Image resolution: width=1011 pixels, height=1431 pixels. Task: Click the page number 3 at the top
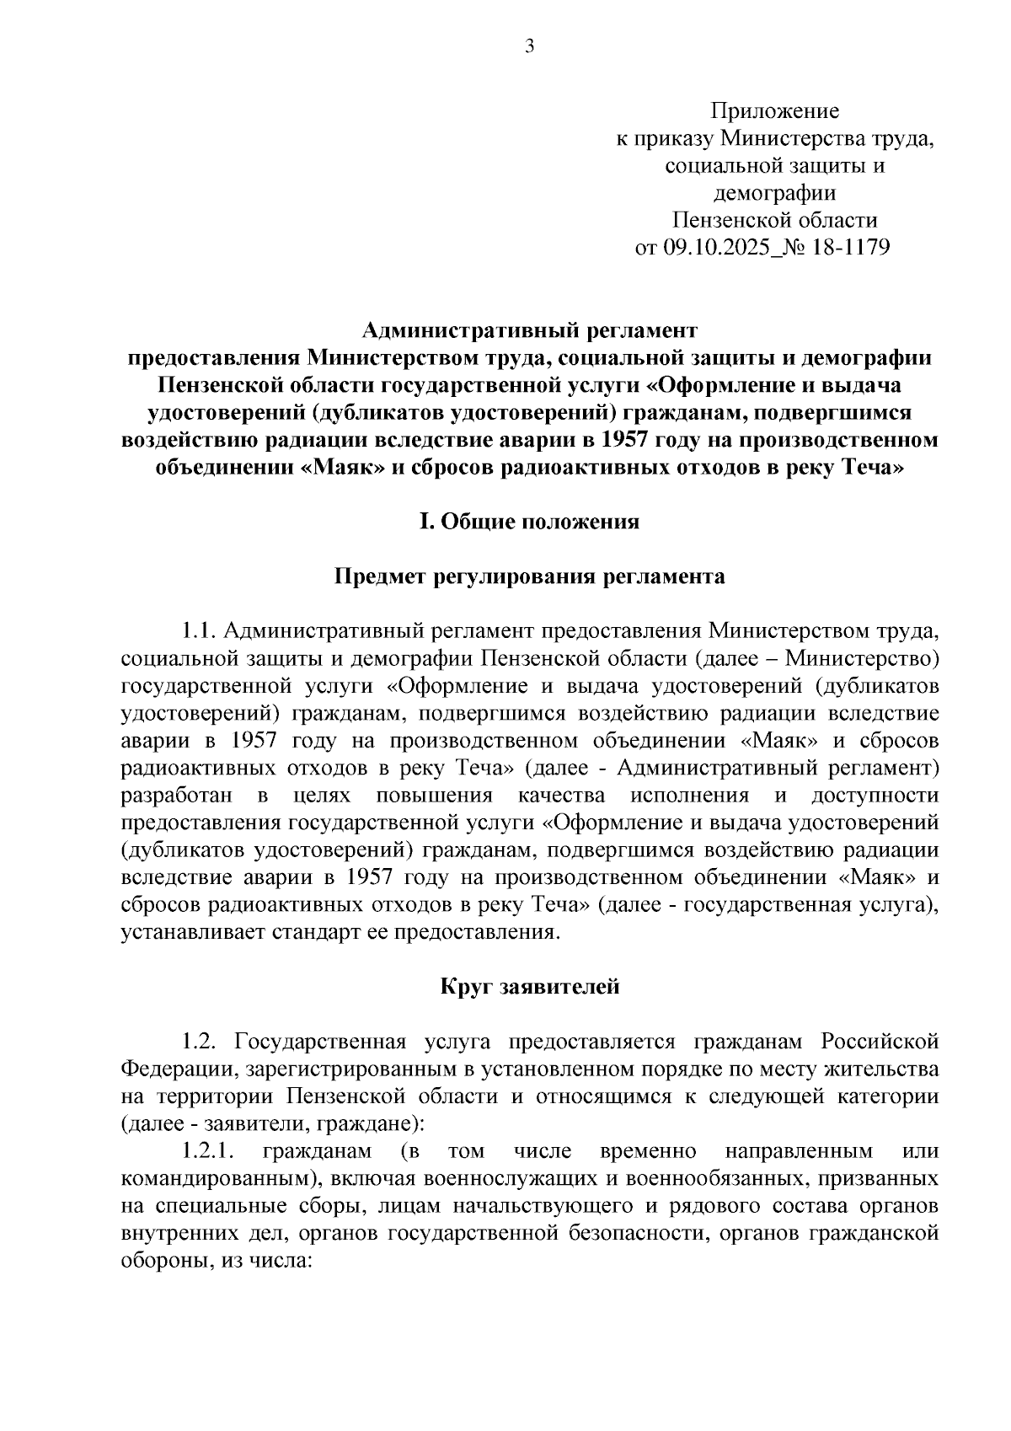(529, 47)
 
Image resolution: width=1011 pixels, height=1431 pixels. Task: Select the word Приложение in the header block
(774, 110)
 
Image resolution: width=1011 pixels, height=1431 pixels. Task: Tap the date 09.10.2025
(713, 248)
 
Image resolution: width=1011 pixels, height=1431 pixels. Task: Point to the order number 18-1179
(852, 248)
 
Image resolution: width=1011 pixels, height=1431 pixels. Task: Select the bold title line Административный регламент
(530, 330)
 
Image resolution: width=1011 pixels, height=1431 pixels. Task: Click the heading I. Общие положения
(529, 522)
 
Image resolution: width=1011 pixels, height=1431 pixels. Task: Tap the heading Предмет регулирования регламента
(529, 576)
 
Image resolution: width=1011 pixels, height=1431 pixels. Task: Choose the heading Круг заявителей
(529, 986)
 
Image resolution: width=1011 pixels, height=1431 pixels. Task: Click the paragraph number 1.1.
(200, 631)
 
